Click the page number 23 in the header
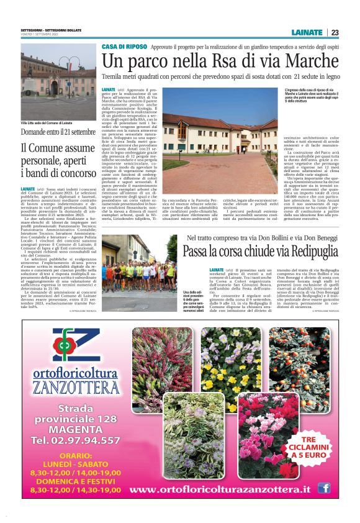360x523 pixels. click(x=335, y=32)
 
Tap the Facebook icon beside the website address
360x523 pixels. click(x=323, y=489)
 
